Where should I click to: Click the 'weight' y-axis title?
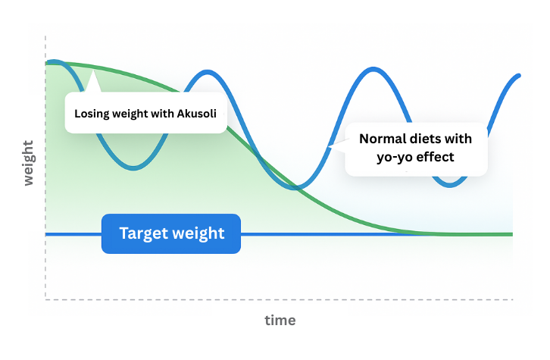click(x=28, y=163)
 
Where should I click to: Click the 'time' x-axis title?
click(x=280, y=320)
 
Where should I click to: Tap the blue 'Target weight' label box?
click(x=171, y=233)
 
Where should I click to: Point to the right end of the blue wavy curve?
click(x=519, y=76)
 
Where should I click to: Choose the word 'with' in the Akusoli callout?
click(x=159, y=114)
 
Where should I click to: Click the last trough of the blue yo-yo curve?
click(x=452, y=184)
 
